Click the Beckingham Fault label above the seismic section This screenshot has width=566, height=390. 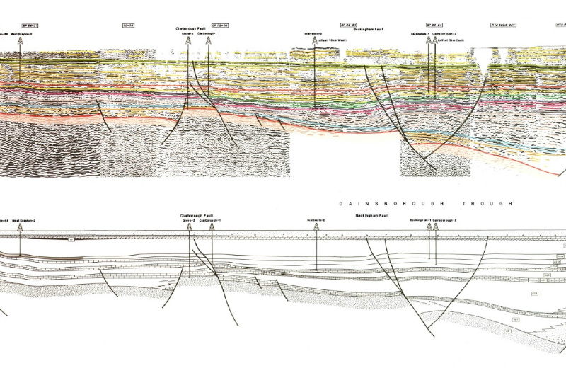369,28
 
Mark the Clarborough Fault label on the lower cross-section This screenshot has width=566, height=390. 195,215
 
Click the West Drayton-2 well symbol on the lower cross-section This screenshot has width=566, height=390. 20,228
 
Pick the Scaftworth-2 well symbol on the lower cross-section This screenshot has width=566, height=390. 316,227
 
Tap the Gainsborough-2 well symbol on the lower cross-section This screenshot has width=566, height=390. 435,227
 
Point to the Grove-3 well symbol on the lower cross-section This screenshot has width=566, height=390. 189,227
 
